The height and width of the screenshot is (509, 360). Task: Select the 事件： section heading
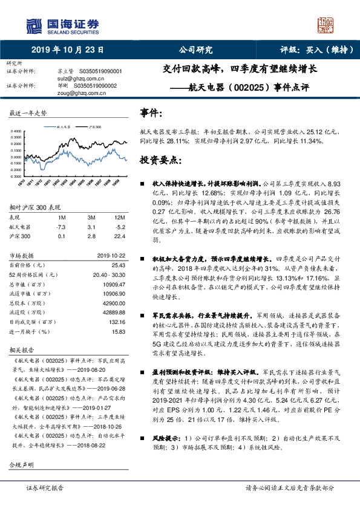pyautogui.click(x=151, y=113)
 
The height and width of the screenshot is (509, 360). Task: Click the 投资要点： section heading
pyautogui.click(x=160, y=160)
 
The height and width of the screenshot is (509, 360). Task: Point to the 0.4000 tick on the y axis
pyautogui.click(x=18, y=131)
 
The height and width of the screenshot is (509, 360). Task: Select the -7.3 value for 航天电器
pyautogui.click(x=61, y=226)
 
